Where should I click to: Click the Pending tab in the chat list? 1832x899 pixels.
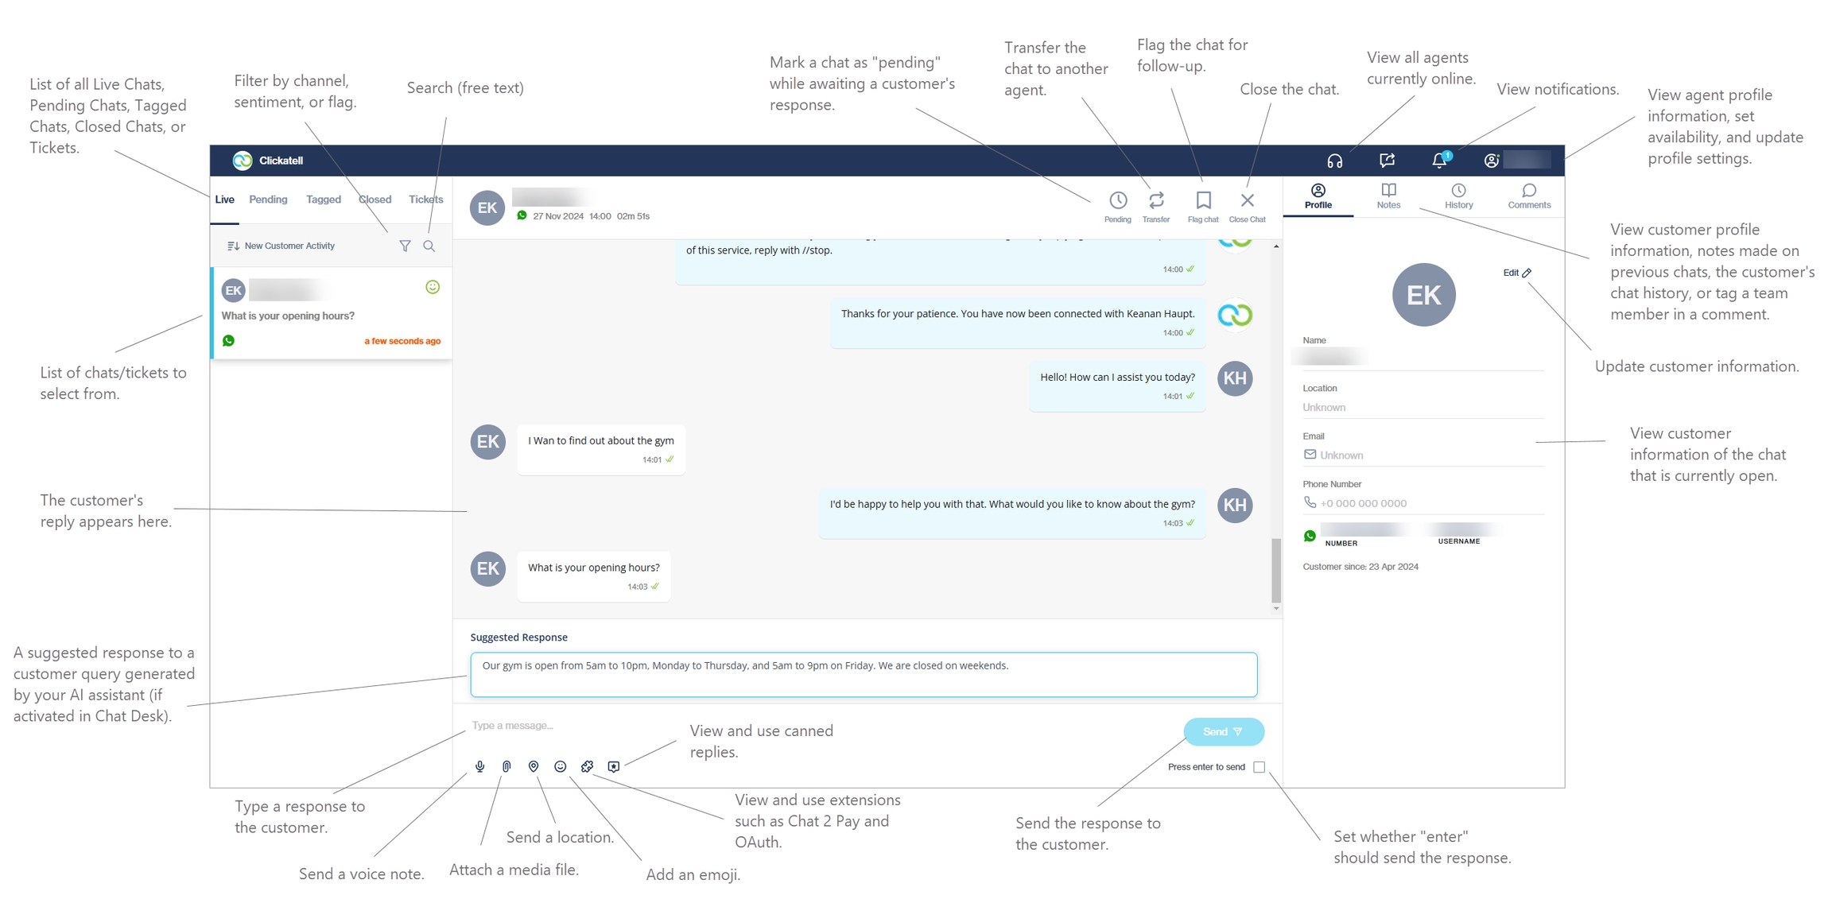268,200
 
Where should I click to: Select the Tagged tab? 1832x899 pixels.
323,200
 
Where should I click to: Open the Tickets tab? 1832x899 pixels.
425,200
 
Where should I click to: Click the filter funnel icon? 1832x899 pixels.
405,246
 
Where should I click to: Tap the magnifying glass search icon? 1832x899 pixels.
429,246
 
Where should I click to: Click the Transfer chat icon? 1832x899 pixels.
1156,202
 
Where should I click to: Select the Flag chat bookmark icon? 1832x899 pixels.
1203,202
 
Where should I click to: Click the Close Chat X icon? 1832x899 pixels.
1247,202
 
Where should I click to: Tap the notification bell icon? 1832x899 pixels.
1439,161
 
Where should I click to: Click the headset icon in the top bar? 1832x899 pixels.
1335,161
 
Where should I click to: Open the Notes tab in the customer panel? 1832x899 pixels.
1388,196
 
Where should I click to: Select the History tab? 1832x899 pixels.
1458,196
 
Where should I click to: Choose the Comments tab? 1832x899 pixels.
1528,196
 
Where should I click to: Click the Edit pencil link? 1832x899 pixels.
1516,273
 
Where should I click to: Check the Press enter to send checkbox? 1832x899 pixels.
1259,767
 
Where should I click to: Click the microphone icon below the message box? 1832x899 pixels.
480,766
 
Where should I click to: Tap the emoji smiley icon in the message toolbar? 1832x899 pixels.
561,766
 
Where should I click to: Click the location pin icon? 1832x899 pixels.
534,766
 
